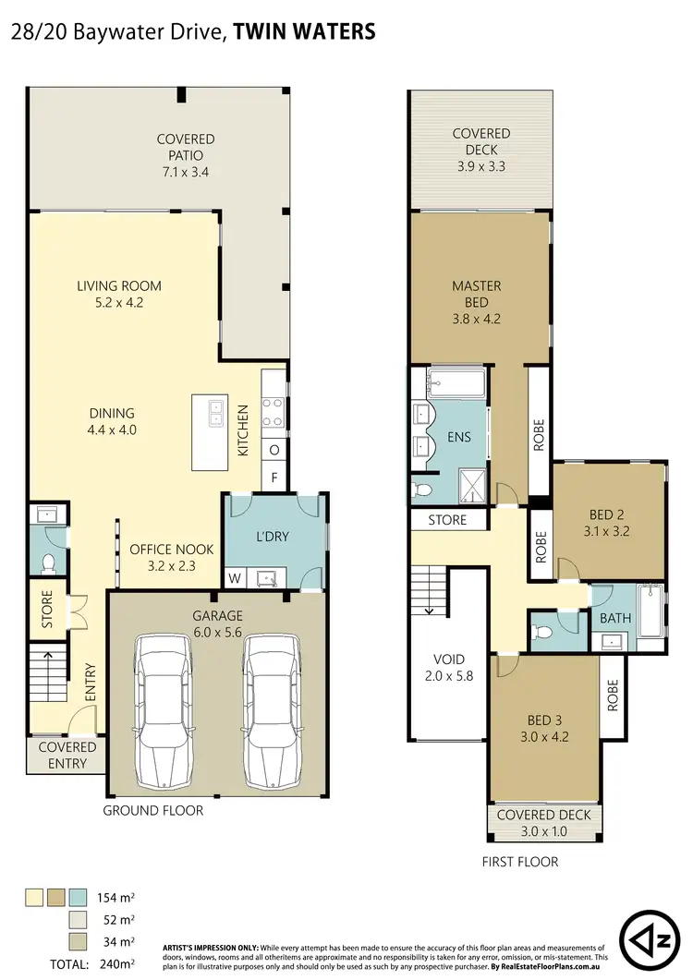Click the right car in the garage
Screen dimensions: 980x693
274,708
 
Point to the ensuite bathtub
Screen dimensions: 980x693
454,382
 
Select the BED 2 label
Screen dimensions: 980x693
608,524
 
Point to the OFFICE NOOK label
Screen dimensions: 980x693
171,557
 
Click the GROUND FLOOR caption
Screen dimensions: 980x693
153,810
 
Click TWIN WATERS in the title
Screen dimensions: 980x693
305,30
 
